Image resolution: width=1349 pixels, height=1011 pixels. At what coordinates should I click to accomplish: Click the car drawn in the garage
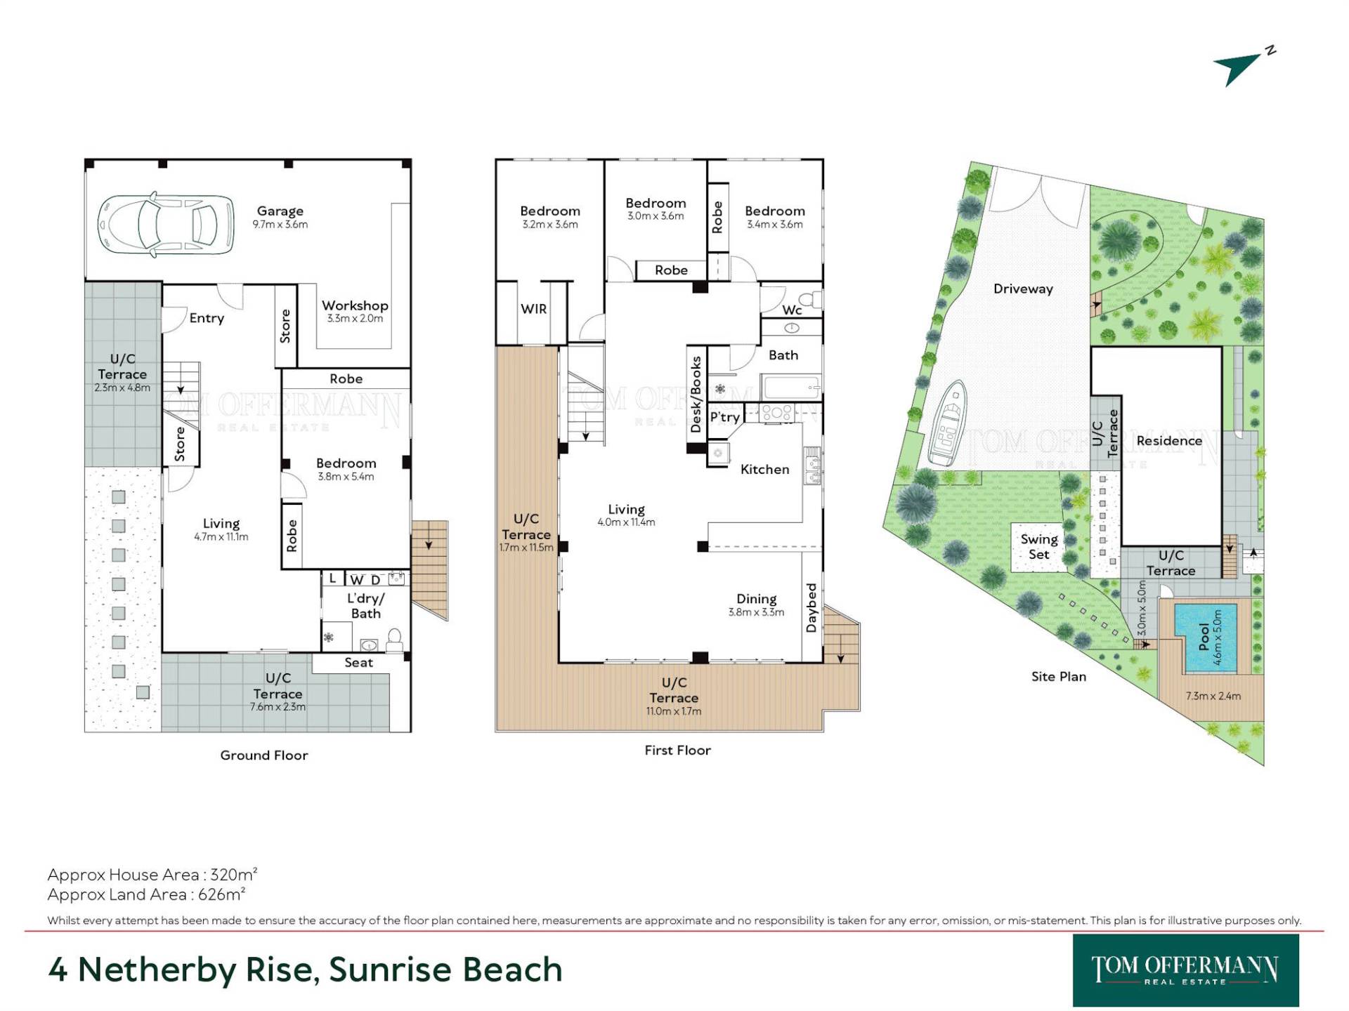pos(166,225)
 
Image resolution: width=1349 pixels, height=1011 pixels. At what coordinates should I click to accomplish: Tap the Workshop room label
pos(355,305)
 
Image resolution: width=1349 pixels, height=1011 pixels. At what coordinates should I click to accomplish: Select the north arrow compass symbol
pos(1244,67)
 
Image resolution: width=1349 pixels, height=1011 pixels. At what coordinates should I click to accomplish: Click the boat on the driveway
pos(948,423)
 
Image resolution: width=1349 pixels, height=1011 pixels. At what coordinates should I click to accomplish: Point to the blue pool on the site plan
pos(1206,637)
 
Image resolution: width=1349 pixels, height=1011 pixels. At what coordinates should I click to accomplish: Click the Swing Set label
pos(1039,546)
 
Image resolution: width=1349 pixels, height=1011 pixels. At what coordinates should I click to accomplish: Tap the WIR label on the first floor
pos(533,308)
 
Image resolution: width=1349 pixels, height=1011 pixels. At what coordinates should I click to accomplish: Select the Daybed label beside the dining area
pos(812,607)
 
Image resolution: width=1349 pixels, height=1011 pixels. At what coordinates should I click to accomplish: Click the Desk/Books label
pos(696,394)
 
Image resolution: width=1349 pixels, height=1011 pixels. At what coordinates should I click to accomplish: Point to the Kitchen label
pos(764,469)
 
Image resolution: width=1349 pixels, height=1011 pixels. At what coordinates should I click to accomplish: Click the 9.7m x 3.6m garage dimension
pos(280,225)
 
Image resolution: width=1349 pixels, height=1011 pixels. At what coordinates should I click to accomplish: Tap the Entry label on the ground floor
pos(207,318)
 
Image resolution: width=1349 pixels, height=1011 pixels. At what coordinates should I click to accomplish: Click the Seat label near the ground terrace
pos(358,662)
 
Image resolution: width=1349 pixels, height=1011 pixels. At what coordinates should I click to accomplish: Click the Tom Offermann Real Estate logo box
pos(1185,970)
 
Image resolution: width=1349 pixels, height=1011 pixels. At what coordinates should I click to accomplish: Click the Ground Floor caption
pos(264,755)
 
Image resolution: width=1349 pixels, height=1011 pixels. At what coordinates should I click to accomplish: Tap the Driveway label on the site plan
pos(1023,289)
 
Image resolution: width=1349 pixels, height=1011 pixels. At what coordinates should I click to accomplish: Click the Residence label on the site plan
pos(1169,440)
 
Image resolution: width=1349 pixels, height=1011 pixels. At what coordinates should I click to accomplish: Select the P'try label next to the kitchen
pos(724,417)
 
